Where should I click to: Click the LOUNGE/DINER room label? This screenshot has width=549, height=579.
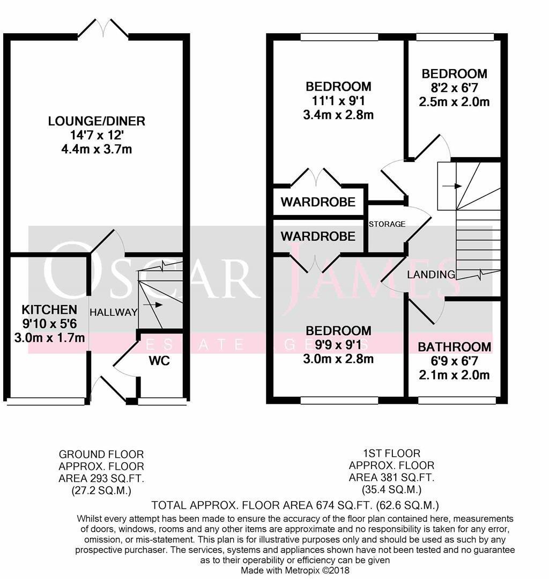(x=97, y=121)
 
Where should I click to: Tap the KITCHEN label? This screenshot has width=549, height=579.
(x=49, y=310)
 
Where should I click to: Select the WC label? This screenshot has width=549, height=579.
(x=159, y=360)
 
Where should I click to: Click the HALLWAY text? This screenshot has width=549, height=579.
(x=113, y=313)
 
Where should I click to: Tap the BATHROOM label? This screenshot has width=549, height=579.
(x=454, y=347)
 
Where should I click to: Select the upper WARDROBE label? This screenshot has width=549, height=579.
(x=318, y=202)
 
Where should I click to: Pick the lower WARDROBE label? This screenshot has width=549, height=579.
(x=318, y=236)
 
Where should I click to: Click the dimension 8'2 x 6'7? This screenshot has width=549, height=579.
(x=454, y=88)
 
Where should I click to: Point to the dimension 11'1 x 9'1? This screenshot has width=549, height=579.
(x=338, y=100)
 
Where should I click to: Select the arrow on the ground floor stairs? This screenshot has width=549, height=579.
(x=157, y=305)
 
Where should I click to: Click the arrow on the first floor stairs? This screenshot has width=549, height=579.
(x=455, y=186)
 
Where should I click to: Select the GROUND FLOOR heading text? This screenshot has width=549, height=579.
(x=101, y=454)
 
